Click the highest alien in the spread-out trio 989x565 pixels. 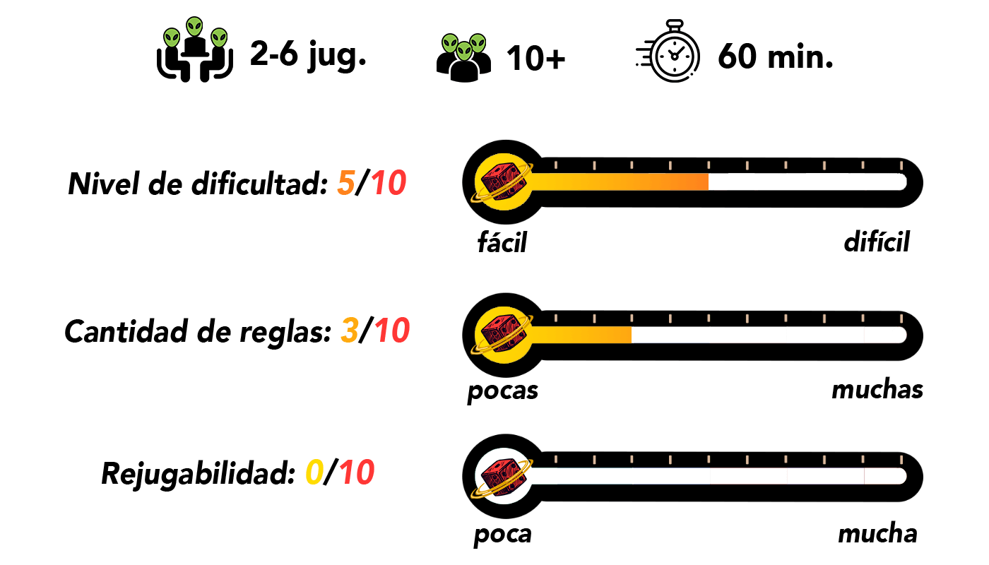click(x=194, y=27)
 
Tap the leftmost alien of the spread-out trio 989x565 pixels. click(x=172, y=37)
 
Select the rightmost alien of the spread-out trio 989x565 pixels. click(x=219, y=37)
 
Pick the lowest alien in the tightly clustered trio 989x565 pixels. click(x=464, y=51)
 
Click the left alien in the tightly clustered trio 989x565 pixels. click(x=450, y=44)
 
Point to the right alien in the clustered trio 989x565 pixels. click(x=478, y=44)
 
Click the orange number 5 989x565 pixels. click(x=345, y=184)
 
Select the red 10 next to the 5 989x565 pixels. click(x=389, y=184)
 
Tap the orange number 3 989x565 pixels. click(x=350, y=331)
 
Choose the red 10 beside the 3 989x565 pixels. click(x=392, y=331)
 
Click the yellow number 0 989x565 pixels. click(x=314, y=472)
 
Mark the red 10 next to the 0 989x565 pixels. click(x=357, y=472)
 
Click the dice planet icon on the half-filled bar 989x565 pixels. click(x=503, y=182)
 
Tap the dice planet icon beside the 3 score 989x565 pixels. click(x=503, y=334)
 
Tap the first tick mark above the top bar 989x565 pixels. click(x=556, y=165)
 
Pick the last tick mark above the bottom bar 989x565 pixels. click(x=901, y=460)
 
